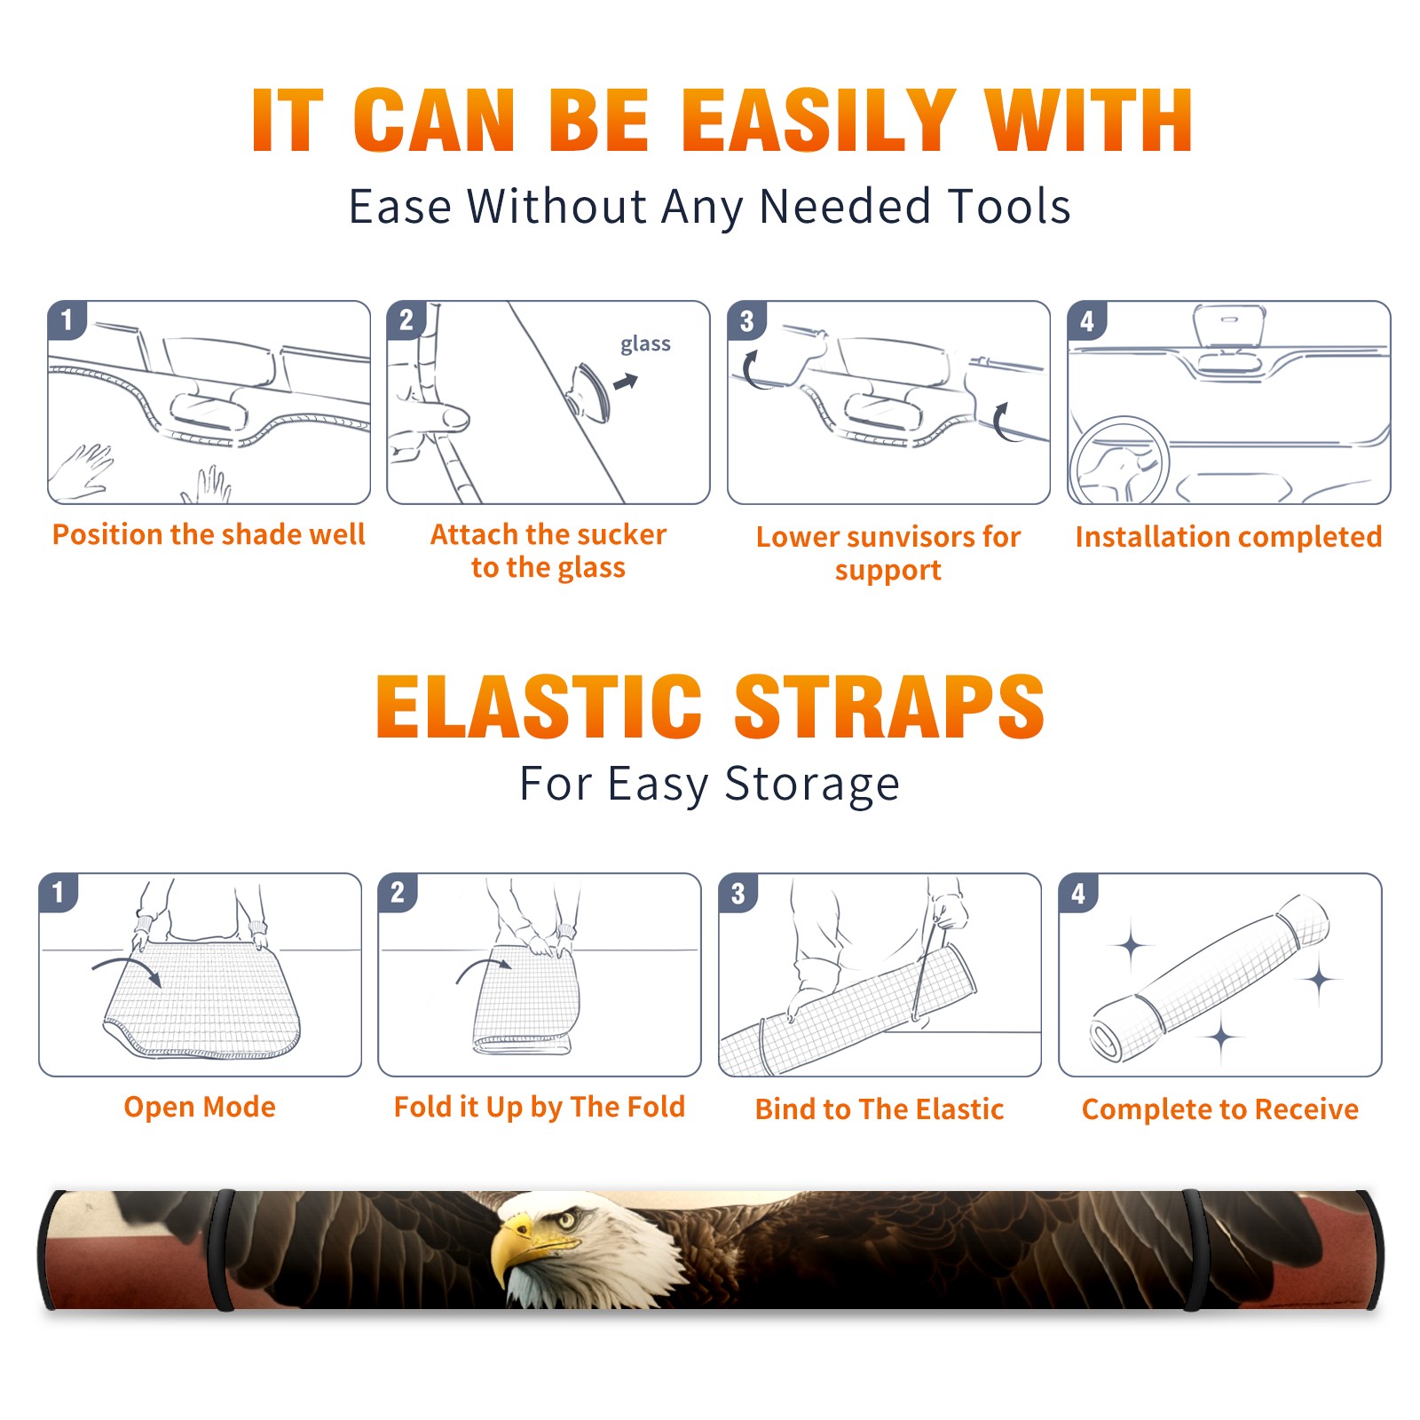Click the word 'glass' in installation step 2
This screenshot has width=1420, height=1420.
(x=645, y=344)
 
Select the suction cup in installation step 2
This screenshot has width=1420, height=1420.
(x=589, y=392)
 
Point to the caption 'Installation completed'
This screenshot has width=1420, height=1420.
(x=1228, y=536)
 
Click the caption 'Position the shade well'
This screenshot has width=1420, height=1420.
(x=209, y=534)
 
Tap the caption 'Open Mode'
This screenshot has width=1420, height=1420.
(x=200, y=1107)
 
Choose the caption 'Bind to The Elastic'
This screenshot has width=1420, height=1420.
(x=880, y=1108)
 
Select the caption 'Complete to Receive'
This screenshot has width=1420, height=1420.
(x=1220, y=1109)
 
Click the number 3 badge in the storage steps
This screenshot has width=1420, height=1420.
(x=738, y=893)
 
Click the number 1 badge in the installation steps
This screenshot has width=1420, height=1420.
(x=67, y=319)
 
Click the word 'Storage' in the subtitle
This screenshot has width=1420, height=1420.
(x=812, y=785)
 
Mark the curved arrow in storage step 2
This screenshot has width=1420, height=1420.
(x=484, y=967)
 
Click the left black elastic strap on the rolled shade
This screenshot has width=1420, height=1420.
(x=222, y=1250)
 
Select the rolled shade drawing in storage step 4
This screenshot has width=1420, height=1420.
(x=1209, y=979)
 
